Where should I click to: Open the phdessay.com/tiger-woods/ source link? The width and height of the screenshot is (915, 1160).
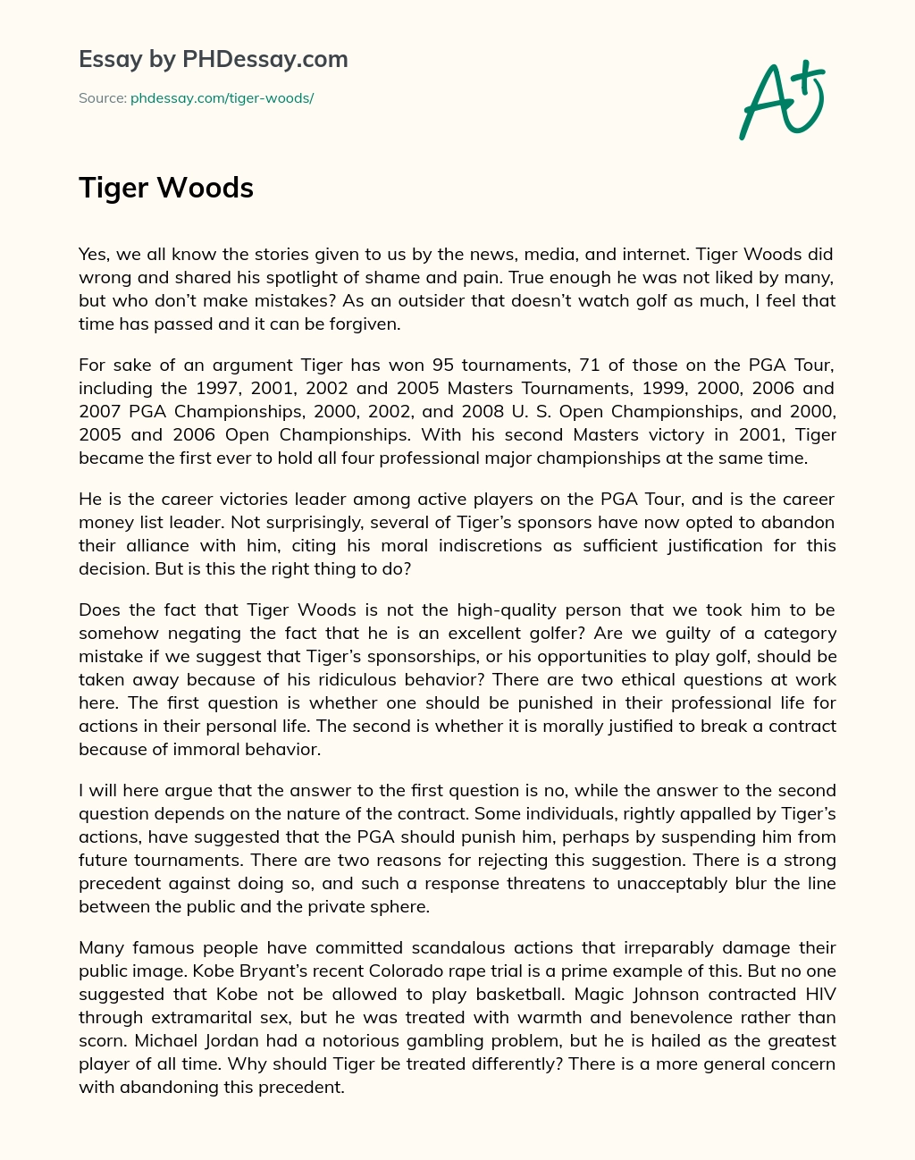(222, 98)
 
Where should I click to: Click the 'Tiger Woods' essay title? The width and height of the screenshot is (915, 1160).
(166, 188)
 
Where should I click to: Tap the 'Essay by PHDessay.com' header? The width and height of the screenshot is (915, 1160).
(213, 60)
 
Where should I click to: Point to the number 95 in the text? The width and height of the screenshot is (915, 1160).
(443, 365)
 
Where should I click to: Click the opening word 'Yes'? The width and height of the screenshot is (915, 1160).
(93, 254)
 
